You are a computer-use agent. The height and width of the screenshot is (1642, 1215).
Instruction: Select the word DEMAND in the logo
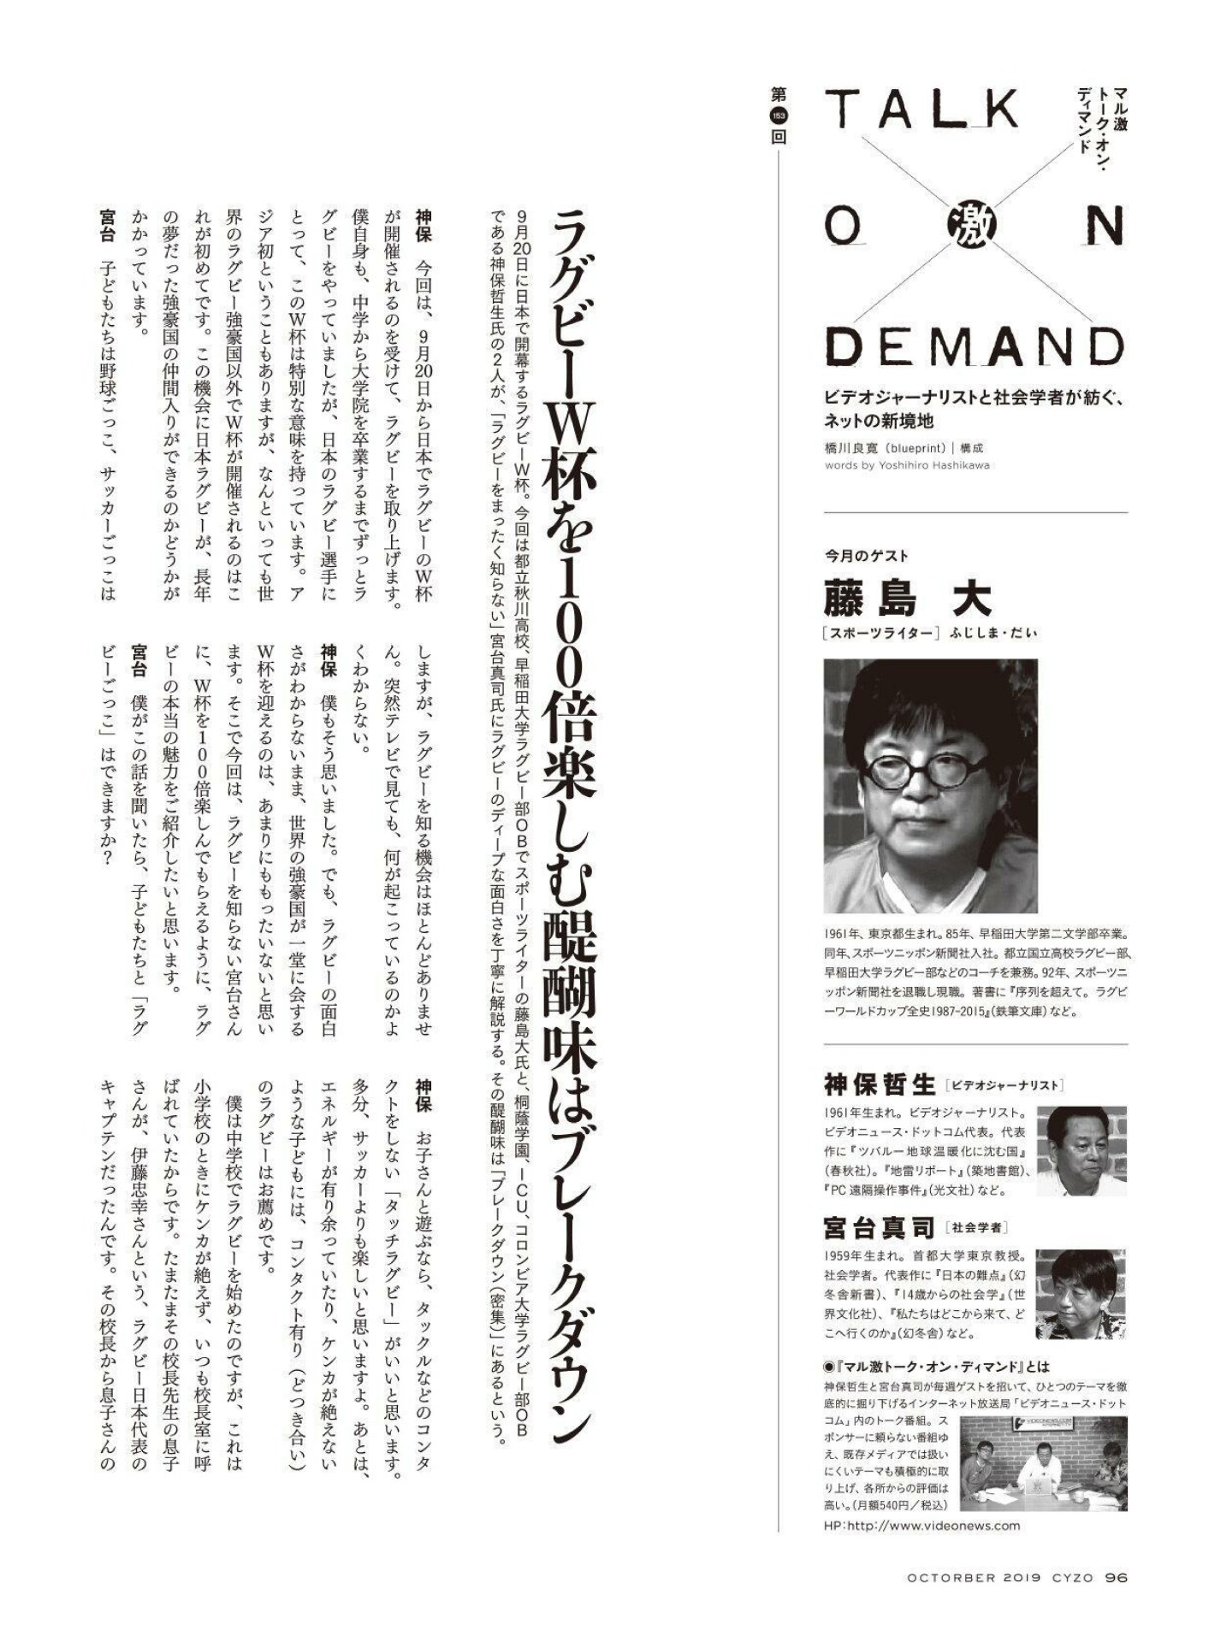tap(975, 346)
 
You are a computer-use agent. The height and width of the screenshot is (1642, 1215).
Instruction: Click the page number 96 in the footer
tap(1117, 1578)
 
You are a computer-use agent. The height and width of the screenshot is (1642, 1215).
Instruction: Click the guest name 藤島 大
tap(907, 598)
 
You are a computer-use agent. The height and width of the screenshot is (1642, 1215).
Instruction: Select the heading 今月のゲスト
tap(866, 556)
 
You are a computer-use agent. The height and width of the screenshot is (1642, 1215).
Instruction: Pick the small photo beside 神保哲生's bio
tap(1081, 1150)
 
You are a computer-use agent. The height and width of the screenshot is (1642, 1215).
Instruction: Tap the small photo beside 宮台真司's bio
tap(1081, 1294)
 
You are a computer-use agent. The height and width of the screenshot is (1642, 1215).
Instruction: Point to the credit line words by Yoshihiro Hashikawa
tap(906, 465)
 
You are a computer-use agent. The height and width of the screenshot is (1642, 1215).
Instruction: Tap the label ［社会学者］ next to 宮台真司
tap(977, 1228)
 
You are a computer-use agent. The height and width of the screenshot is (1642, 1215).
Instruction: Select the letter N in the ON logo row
tap(1103, 227)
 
